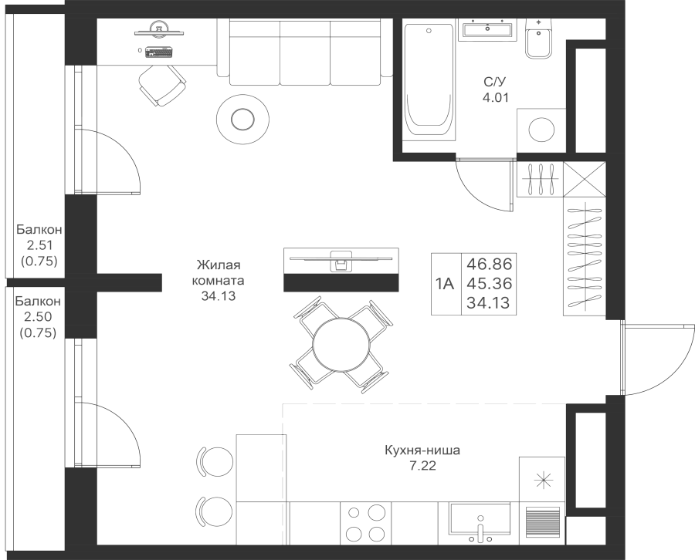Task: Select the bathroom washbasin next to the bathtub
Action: [487, 30]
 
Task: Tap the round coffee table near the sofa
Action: [242, 119]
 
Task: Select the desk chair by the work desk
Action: [161, 84]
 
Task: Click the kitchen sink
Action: [480, 523]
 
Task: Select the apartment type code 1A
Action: [443, 283]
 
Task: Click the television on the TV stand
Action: [341, 253]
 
